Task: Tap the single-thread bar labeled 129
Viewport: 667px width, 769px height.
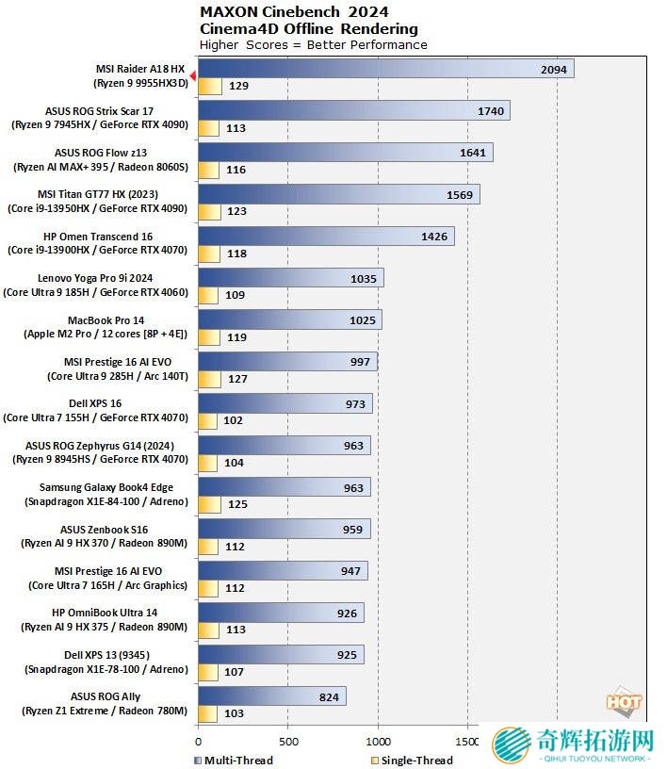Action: [x=210, y=87]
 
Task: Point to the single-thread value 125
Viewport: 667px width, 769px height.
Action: [x=237, y=504]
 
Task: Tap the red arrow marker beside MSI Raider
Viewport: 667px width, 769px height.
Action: [x=192, y=75]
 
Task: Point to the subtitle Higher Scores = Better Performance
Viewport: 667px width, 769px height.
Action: [x=314, y=44]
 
